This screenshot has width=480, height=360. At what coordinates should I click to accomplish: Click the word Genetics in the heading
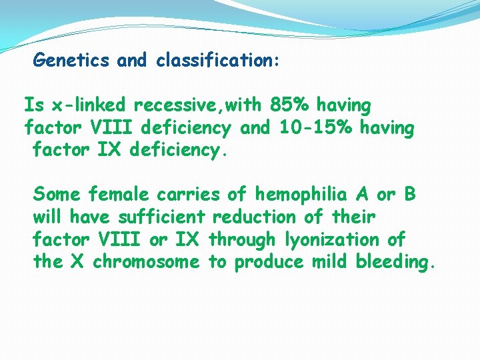[71, 61]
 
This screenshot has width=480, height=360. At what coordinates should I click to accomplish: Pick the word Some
[57, 195]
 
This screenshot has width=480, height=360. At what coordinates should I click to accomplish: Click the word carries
[188, 195]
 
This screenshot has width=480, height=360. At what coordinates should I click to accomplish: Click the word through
[242, 239]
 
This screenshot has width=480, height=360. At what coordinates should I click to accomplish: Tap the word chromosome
[146, 261]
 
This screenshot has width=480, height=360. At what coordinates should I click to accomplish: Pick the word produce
[269, 261]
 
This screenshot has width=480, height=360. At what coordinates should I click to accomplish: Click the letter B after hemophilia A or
[409, 195]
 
